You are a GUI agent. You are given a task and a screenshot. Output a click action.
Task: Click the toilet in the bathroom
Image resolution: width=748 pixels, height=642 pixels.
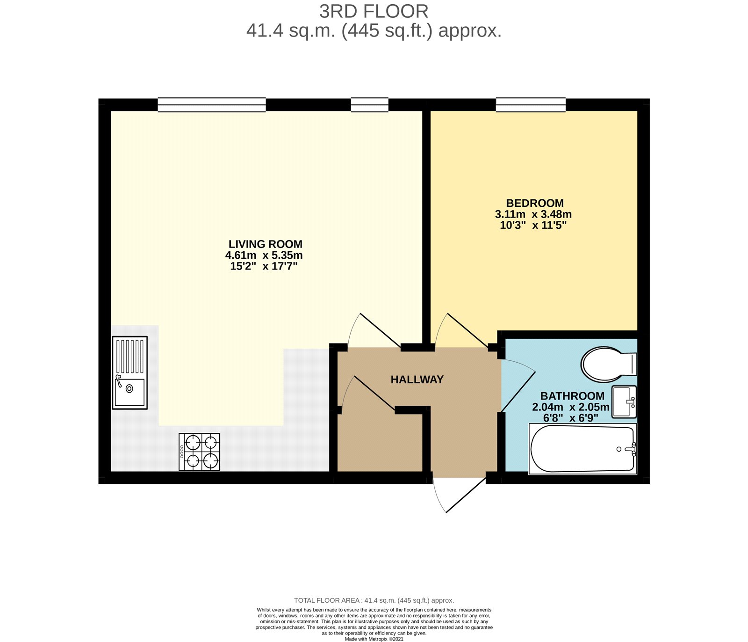point(608,364)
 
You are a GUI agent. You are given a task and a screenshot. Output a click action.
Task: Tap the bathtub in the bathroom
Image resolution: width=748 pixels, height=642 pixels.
point(583,448)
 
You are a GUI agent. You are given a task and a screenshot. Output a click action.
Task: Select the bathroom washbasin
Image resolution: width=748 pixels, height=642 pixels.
point(624,401)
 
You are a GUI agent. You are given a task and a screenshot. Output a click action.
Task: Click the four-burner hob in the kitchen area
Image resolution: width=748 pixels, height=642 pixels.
point(199,452)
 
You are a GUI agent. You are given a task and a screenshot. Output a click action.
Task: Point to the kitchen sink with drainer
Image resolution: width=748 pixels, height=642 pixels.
point(129,372)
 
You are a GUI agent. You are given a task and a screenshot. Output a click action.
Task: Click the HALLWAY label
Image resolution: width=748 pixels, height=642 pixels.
point(417,379)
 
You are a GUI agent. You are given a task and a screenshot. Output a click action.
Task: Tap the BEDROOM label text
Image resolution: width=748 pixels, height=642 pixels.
point(535,203)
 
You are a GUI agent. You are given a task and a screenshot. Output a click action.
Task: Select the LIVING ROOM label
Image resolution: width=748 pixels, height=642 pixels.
point(265,244)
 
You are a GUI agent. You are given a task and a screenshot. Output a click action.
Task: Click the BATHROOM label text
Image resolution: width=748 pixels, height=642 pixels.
point(572,396)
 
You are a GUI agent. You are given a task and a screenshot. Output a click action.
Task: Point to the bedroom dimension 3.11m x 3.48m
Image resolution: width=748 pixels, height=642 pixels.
point(533,214)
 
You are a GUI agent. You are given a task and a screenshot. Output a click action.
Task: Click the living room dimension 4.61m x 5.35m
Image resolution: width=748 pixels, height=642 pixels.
point(264,255)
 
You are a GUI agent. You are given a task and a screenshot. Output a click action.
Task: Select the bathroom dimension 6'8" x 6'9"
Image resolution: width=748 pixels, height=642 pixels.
point(570,418)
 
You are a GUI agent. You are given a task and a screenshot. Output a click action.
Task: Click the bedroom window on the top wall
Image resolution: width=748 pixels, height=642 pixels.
point(531,105)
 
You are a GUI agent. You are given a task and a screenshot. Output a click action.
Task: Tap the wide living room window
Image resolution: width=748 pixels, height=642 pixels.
point(212,105)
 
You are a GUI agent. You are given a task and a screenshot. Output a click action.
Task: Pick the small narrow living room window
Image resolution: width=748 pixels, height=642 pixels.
point(370,105)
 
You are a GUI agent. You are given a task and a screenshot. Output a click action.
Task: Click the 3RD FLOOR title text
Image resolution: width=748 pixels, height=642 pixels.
point(374,11)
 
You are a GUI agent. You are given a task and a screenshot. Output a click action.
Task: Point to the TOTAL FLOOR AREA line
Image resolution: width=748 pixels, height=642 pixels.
point(374,600)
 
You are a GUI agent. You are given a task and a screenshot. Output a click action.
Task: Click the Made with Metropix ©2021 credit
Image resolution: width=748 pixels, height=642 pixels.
point(374,639)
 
